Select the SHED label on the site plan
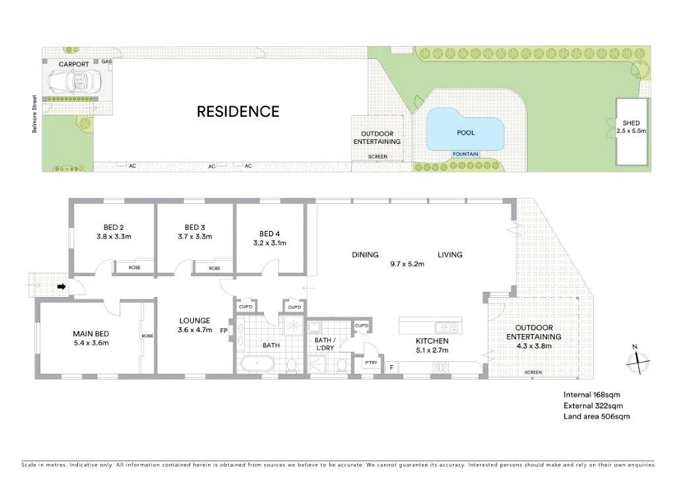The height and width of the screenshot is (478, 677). (631, 123)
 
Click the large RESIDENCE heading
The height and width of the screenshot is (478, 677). (238, 112)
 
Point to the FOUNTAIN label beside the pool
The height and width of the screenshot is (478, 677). (465, 154)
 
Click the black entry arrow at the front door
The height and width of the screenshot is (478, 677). (61, 287)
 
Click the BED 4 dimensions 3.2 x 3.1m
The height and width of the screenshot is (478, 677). (268, 243)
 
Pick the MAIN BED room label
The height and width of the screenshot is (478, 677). (91, 333)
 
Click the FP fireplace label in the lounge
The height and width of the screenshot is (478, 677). (223, 331)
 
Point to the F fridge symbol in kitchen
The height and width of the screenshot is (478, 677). (391, 367)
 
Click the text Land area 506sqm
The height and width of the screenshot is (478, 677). (596, 417)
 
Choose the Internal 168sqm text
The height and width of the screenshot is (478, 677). (590, 395)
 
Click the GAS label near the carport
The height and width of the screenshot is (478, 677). (106, 61)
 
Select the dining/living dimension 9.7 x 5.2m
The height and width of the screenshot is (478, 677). (407, 265)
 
